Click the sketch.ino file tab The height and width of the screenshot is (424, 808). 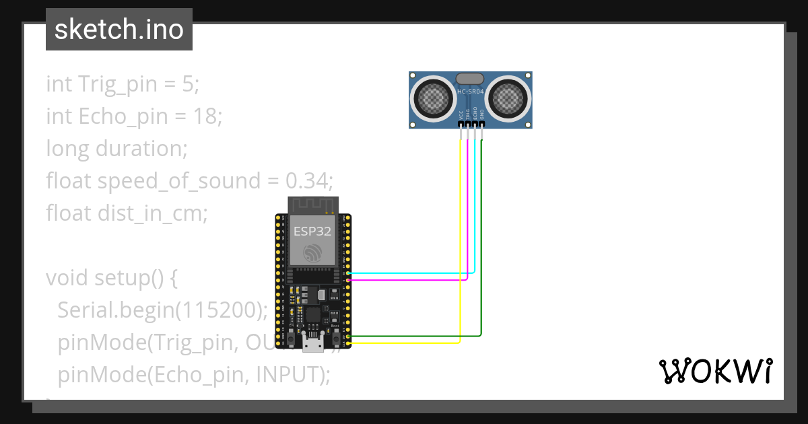[119, 30]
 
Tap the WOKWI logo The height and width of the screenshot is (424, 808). [715, 371]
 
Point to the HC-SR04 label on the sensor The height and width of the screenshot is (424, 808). [470, 92]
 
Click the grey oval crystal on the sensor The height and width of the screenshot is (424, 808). [470, 79]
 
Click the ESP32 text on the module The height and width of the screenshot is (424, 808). [312, 232]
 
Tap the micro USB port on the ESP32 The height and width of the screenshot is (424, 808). [312, 344]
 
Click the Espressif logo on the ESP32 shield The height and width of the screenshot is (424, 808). [312, 254]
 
